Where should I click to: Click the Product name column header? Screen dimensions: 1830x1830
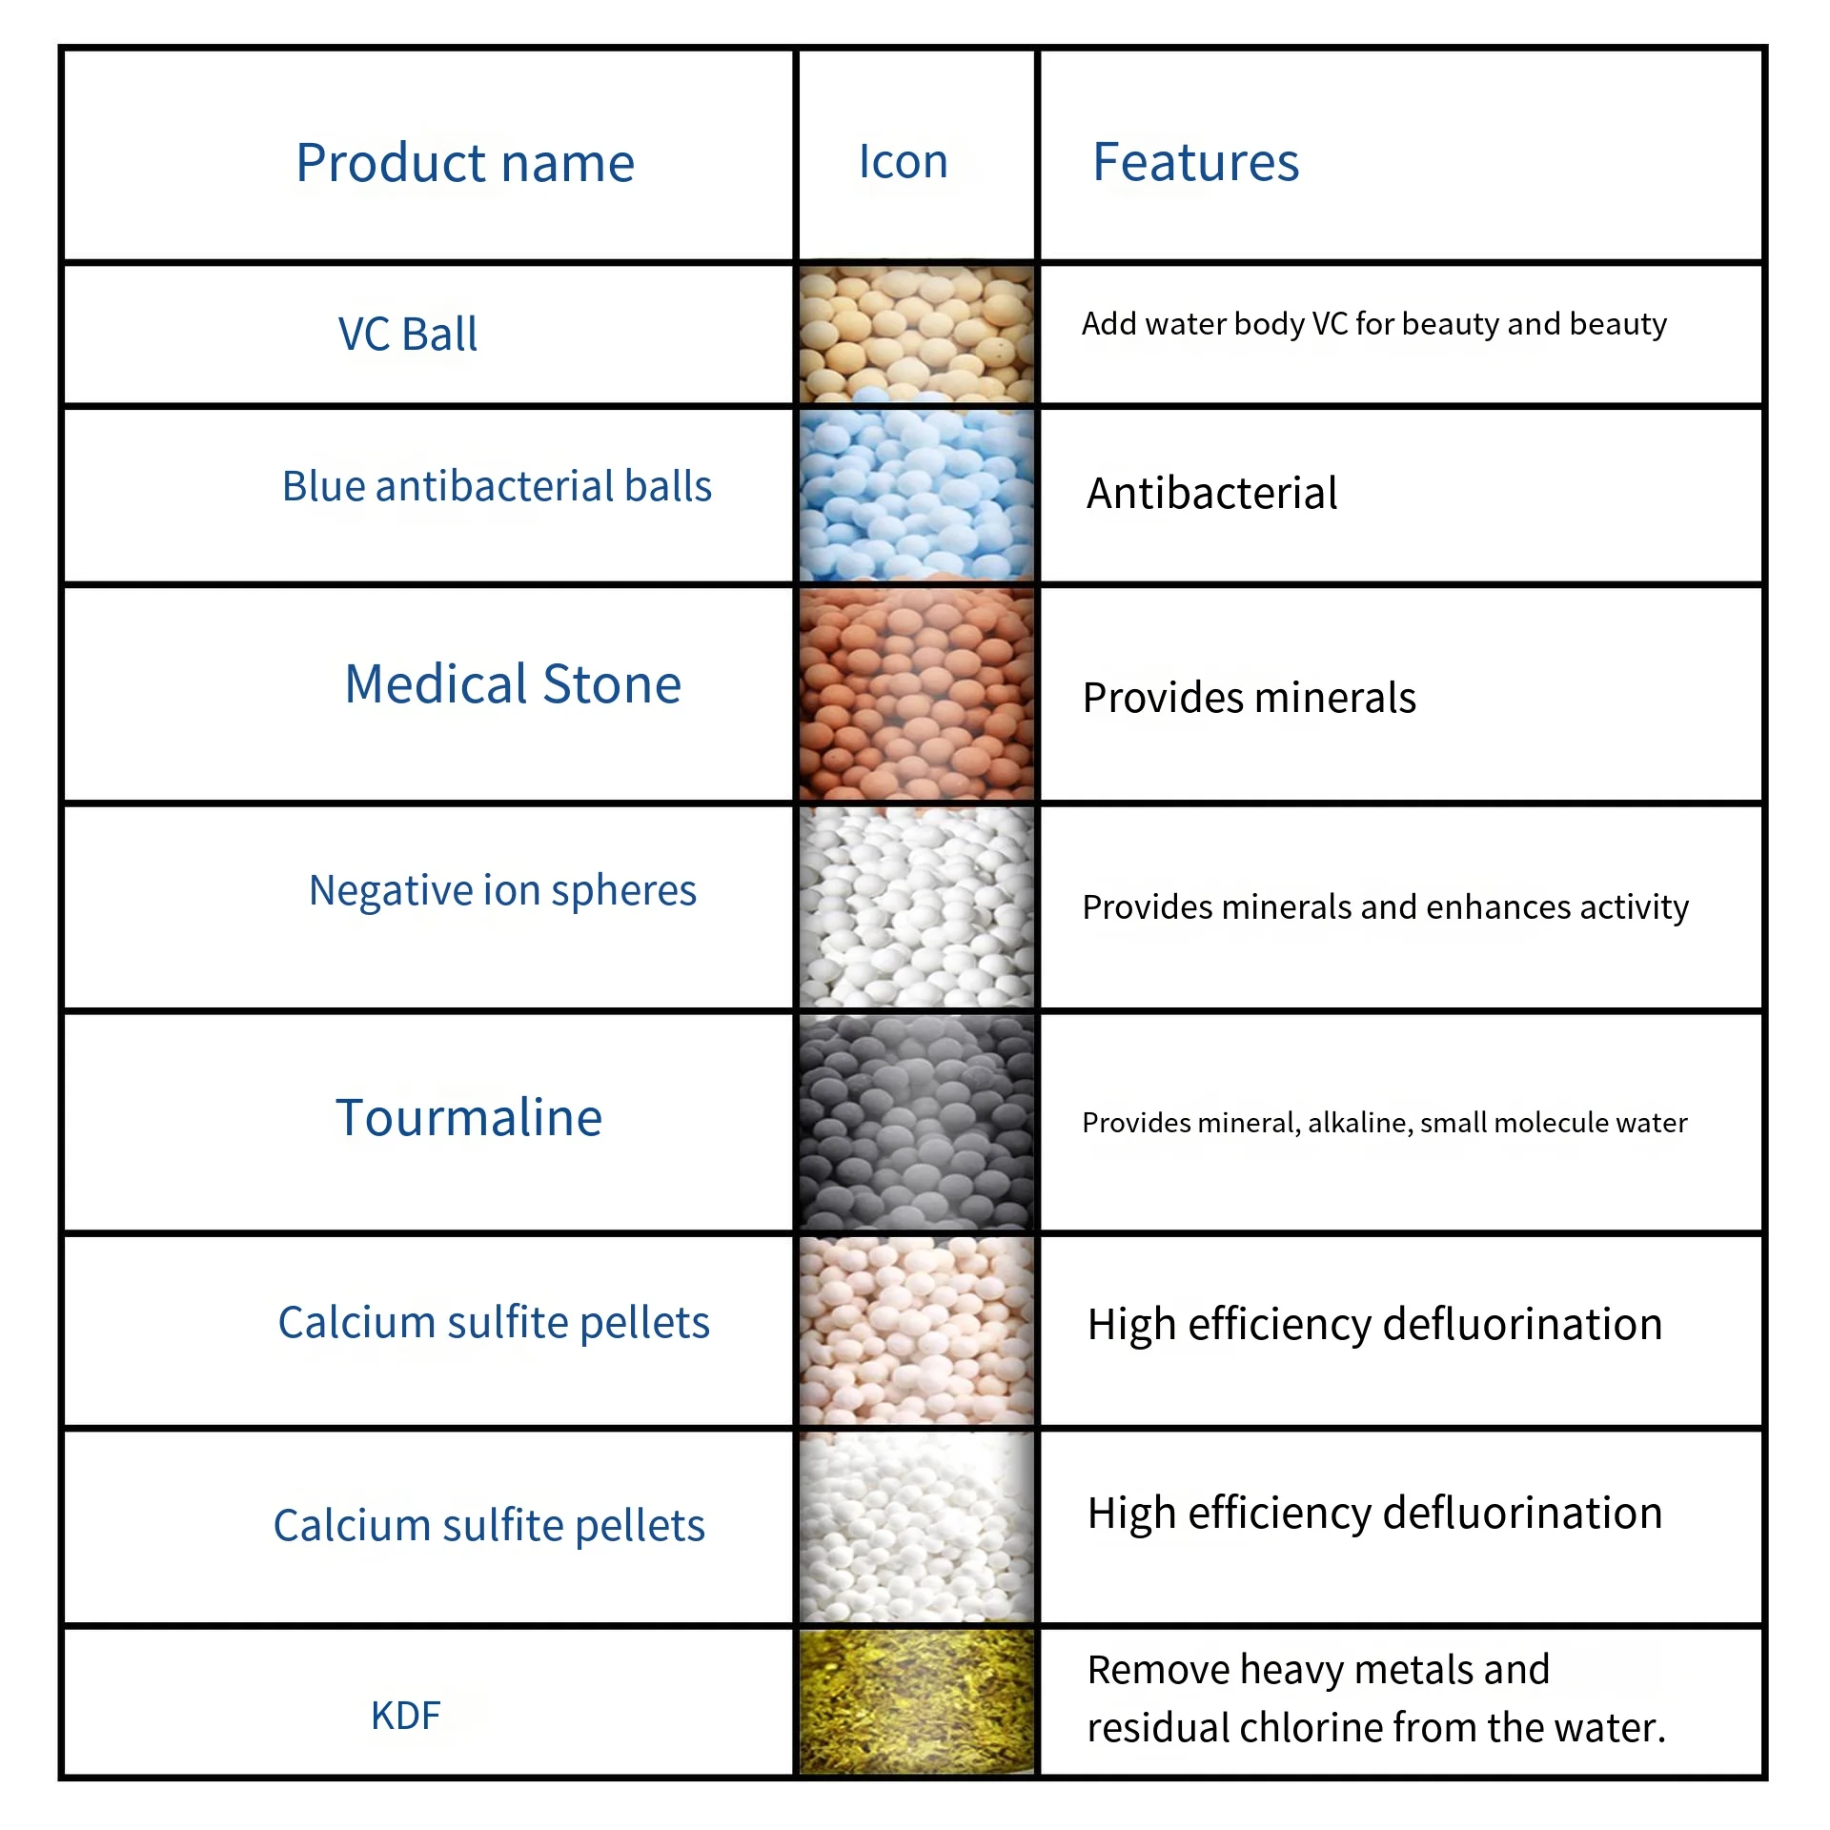465,163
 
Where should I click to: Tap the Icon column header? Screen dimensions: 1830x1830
903,161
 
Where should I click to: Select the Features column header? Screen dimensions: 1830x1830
1195,161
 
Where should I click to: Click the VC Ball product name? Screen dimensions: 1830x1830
408,335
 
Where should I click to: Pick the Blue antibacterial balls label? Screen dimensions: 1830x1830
497,486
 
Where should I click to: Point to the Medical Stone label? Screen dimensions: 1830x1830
513,684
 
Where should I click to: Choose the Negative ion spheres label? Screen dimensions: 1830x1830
502,890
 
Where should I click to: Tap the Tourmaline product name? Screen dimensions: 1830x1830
469,1117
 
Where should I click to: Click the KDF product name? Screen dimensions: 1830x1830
406,1716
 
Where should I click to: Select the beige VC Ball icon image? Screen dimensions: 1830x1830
916,335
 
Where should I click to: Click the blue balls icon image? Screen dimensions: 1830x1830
916,495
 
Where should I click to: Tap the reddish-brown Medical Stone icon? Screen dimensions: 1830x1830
916,694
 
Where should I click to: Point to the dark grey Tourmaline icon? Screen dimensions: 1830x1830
916,1122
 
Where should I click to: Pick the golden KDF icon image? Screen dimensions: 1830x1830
916,1702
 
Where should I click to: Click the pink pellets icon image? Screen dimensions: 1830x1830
916,1331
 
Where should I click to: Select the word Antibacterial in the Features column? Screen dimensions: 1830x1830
1211,494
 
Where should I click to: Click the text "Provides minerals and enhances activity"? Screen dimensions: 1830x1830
1385,907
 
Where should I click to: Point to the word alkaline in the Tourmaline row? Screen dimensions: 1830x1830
1360,1123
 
